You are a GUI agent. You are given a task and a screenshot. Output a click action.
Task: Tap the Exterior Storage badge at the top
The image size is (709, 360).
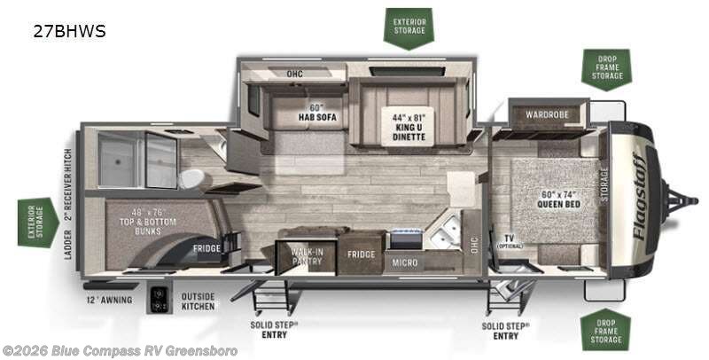coord(408,26)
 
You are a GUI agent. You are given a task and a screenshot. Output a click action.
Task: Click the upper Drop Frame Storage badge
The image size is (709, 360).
coord(605,69)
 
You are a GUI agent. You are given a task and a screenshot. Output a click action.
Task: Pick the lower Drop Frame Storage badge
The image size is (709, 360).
coord(605,329)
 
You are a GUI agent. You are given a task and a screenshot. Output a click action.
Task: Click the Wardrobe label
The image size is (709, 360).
coord(548,114)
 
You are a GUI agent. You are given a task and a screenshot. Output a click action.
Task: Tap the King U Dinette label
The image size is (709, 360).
coord(409,127)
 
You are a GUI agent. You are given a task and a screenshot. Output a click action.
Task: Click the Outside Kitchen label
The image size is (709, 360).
coord(198,301)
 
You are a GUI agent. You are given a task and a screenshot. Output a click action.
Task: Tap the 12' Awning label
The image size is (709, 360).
coord(110,300)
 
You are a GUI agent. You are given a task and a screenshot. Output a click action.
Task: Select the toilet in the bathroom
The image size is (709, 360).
coord(191,178)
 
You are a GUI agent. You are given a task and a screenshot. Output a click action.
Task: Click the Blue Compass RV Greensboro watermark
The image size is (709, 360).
coord(119,350)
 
